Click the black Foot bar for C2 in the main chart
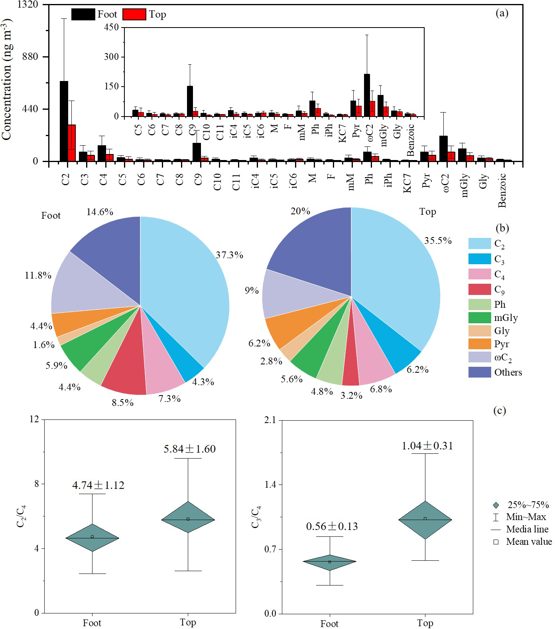[64, 121]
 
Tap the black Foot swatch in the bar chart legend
[83, 14]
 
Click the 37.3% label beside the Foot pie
[229, 255]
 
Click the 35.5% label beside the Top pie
[438, 241]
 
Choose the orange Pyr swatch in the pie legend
[479, 344]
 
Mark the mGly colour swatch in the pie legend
[479, 318]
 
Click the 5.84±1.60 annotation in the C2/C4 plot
[190, 449]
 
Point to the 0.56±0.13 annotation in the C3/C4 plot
[332, 526]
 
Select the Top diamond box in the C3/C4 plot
[425, 520]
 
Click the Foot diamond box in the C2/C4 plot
[92, 538]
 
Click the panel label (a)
[502, 13]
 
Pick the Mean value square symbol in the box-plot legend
[496, 542]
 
